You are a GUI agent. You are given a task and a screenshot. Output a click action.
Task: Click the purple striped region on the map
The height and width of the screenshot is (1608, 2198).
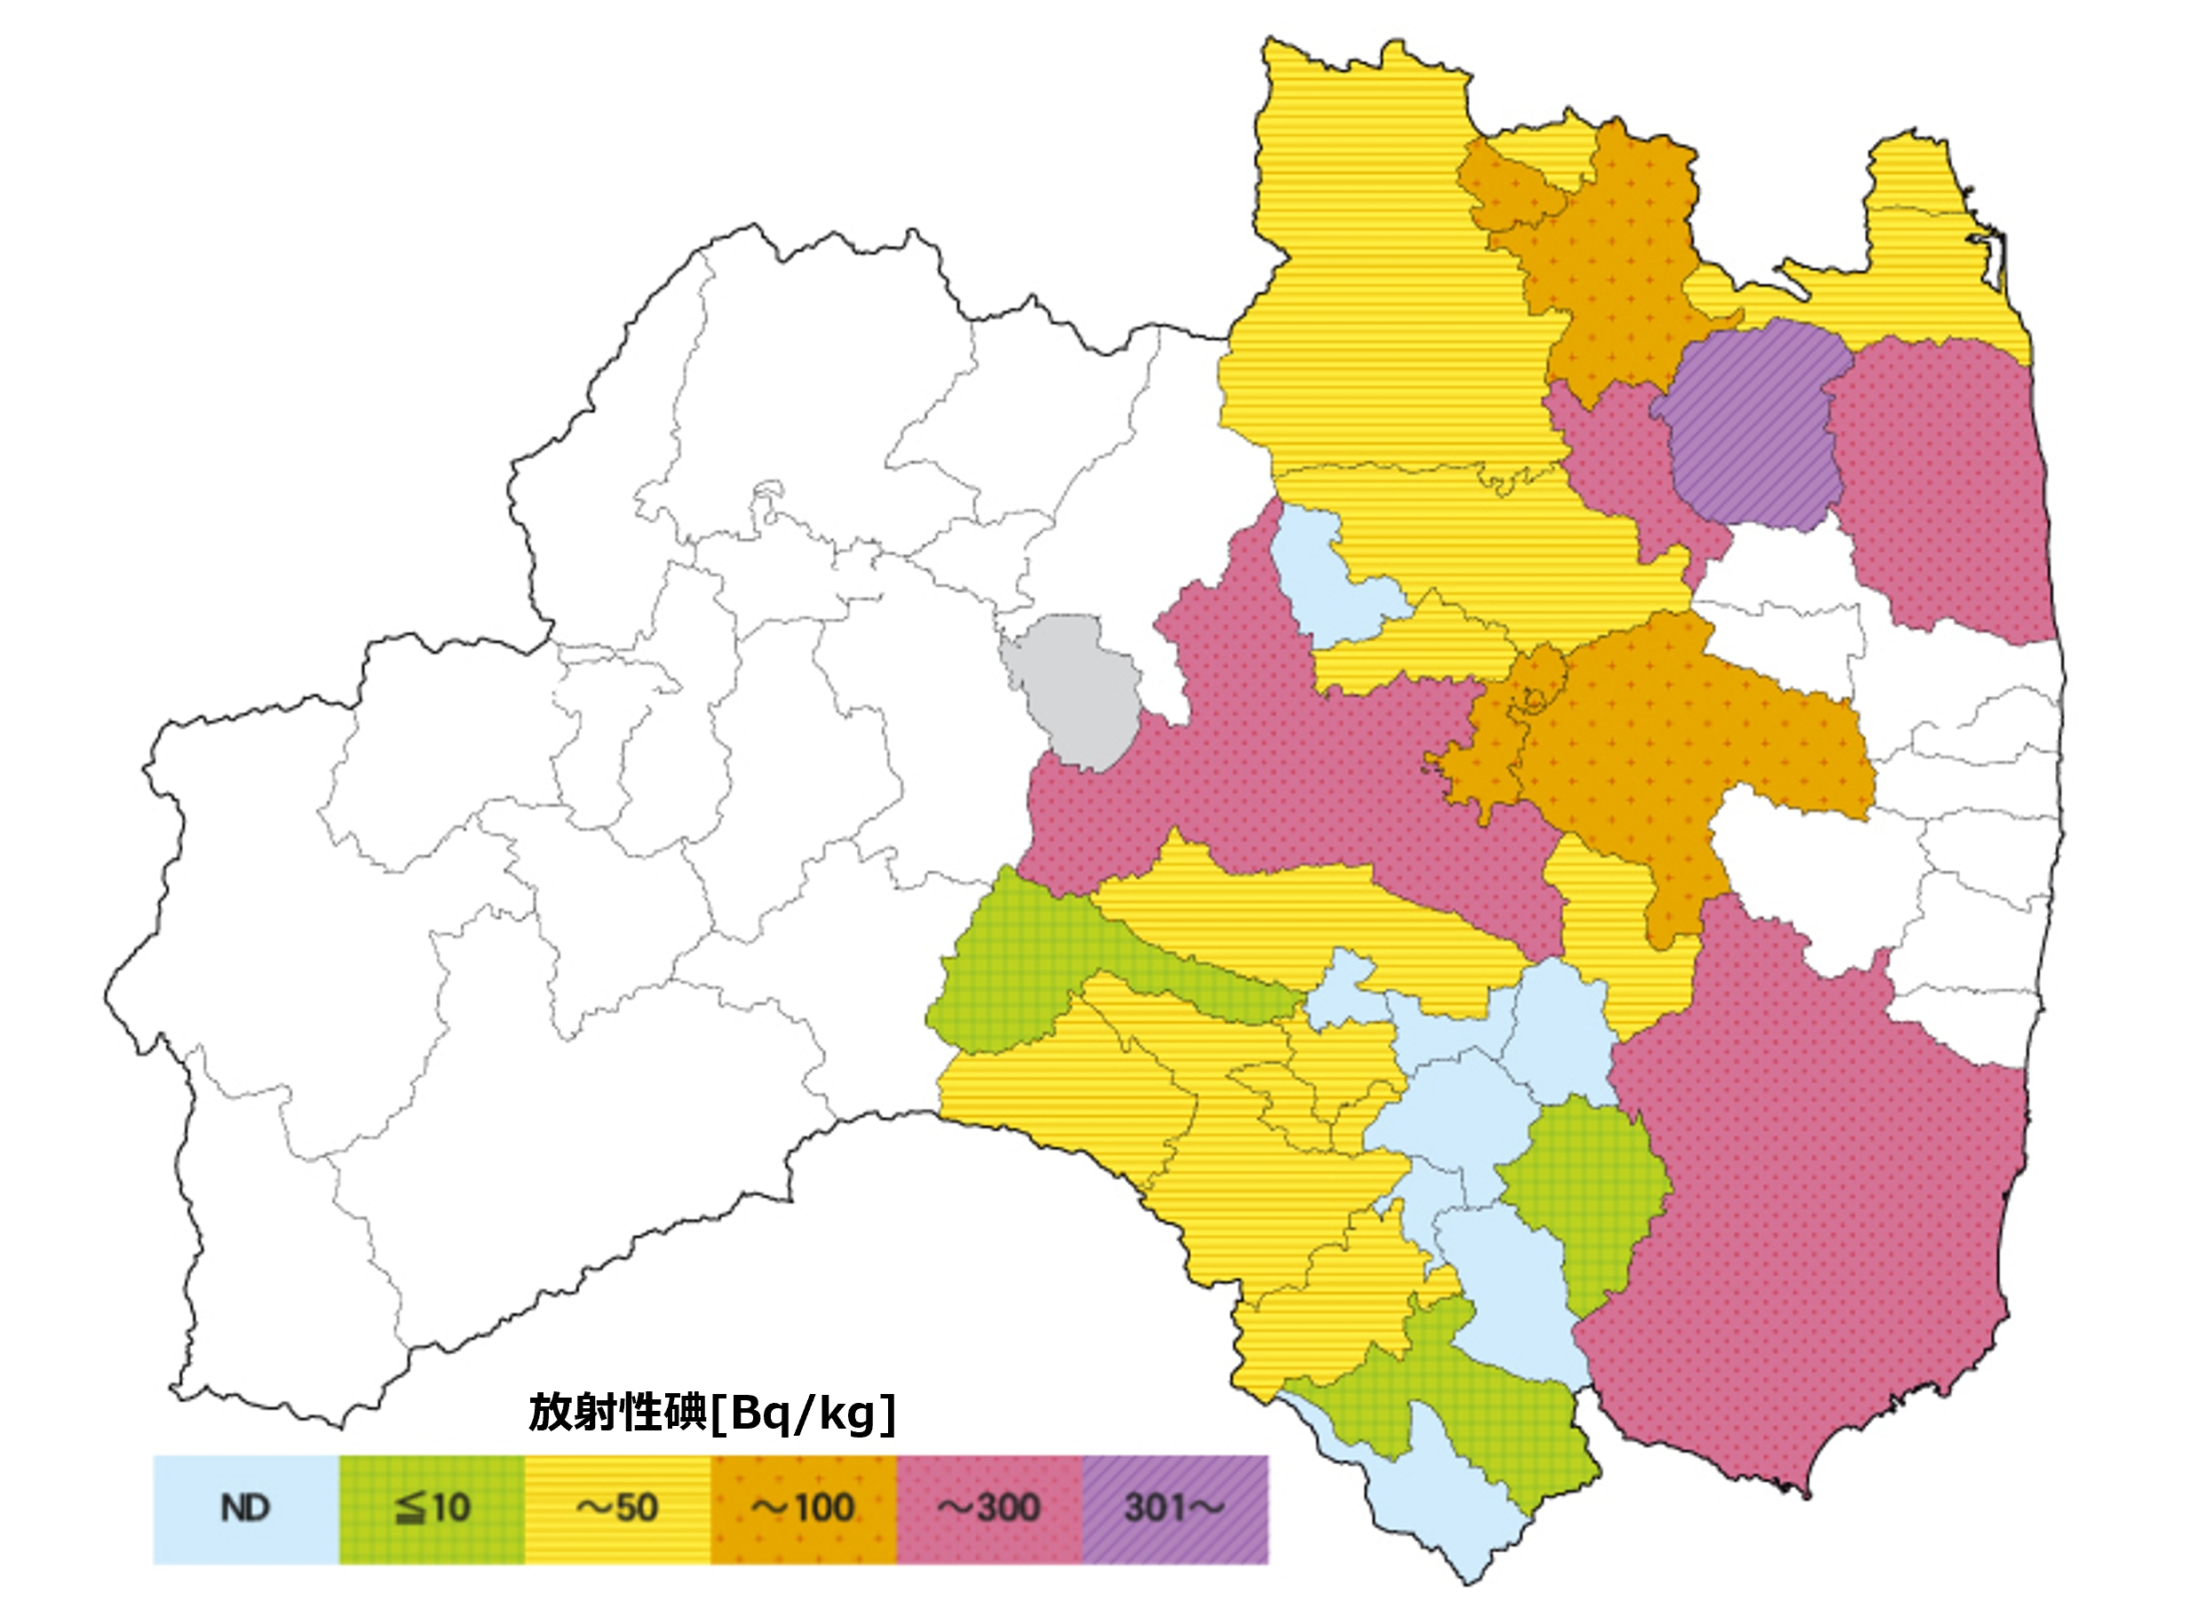coord(1752,428)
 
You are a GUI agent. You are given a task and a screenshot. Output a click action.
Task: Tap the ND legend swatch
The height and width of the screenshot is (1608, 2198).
coord(245,1509)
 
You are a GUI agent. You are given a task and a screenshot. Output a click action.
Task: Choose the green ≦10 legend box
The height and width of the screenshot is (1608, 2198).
coord(432,1509)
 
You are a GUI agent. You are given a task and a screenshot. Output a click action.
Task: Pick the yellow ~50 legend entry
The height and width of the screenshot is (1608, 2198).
coord(617,1509)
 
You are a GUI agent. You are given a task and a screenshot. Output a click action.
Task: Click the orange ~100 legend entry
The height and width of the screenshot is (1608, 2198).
coord(803,1509)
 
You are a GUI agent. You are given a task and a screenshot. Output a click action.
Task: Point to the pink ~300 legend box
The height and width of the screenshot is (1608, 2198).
coord(989,1509)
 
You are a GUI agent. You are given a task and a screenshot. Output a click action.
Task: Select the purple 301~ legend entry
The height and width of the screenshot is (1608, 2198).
coord(1175,1509)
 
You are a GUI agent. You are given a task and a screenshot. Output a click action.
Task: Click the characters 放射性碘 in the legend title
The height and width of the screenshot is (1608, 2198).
coord(617,1414)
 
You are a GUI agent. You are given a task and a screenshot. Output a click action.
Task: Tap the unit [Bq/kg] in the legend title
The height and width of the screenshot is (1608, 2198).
coord(804,1414)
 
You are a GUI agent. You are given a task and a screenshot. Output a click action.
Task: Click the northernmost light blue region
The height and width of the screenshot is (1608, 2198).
coord(1324,584)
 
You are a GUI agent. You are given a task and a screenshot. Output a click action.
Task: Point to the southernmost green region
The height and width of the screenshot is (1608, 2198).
coord(1499,1412)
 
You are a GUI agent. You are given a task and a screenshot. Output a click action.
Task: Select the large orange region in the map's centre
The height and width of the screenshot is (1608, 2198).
coord(1674,749)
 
